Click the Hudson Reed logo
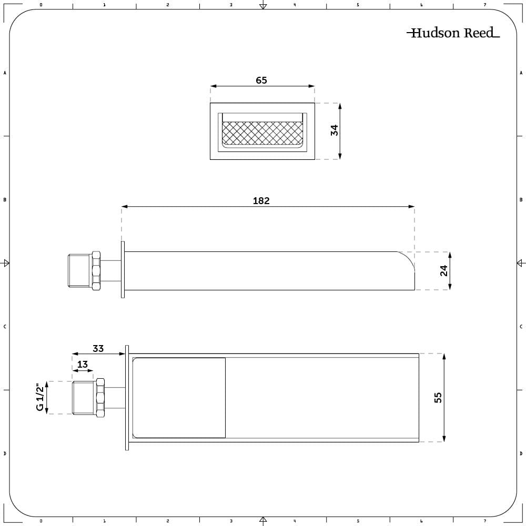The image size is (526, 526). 453,33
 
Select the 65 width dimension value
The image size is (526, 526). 261,80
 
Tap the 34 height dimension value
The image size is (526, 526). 334,130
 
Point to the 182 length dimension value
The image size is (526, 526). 261,201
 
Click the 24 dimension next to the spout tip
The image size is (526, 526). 444,270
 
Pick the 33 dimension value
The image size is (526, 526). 98,348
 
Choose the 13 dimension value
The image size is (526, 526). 83,365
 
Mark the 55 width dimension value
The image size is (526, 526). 438,397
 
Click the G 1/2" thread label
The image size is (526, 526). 40,398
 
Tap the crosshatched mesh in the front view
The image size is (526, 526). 263,133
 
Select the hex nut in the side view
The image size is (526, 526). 96,270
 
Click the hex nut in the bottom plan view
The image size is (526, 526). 100,397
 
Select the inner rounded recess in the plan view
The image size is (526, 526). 179,398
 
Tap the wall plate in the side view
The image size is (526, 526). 123,270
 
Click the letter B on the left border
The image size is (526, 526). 5,200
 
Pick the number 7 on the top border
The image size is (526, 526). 484,5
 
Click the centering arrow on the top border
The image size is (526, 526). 263,6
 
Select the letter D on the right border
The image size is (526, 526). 521,453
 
